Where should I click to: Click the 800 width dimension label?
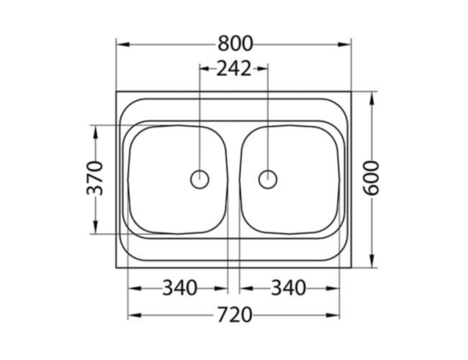(236, 44)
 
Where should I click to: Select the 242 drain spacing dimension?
(234, 69)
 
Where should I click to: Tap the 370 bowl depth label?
(94, 178)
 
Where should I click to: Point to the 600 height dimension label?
(371, 178)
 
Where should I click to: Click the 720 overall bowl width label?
(235, 315)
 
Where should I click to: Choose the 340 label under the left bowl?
(179, 288)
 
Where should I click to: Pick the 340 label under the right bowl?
(289, 288)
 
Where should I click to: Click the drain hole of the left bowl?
(200, 179)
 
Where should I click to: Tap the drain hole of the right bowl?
(268, 179)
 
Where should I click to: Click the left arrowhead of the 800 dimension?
(122, 44)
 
